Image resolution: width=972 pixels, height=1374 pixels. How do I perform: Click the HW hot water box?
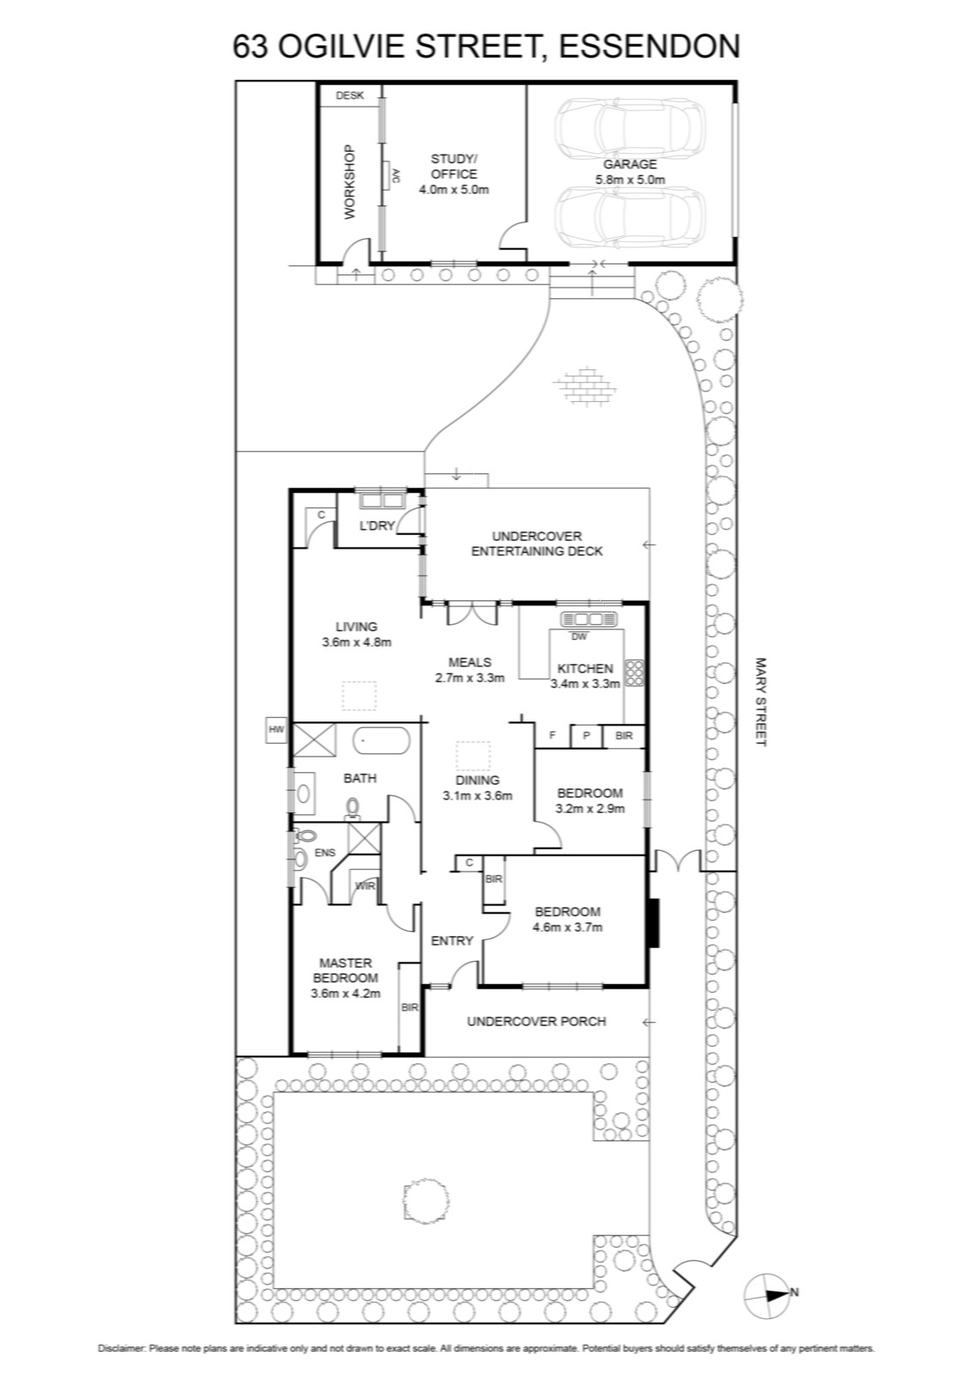(276, 729)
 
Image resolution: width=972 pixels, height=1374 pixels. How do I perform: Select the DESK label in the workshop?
(349, 95)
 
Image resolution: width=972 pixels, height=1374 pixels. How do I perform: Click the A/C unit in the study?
(388, 176)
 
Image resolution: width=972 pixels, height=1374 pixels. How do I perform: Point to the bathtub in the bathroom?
(381, 741)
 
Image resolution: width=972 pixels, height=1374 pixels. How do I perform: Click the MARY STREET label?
(761, 702)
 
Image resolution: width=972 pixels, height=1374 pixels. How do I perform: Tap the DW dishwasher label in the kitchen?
(579, 636)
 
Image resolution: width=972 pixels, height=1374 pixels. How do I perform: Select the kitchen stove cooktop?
(634, 672)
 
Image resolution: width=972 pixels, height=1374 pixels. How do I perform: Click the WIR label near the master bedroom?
(365, 885)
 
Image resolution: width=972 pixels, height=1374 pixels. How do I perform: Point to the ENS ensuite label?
(325, 853)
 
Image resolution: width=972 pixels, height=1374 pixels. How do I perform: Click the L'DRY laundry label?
(377, 526)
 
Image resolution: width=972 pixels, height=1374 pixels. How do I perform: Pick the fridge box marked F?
(552, 735)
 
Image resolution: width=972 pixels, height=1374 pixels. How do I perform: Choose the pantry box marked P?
(586, 735)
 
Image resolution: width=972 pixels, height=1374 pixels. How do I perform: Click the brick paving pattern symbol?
(584, 386)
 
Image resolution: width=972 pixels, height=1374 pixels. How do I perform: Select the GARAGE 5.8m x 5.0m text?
(629, 172)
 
